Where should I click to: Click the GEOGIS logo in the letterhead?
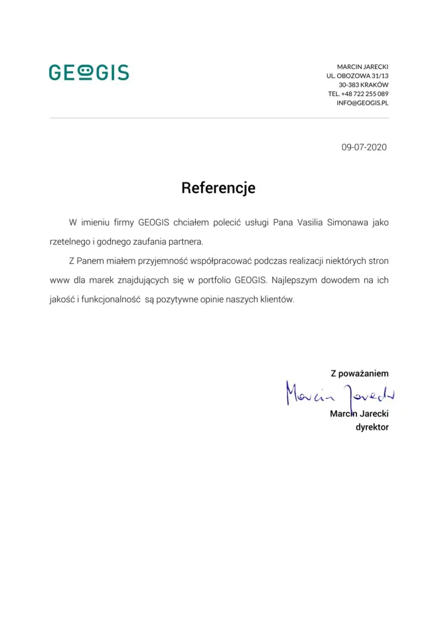(89, 72)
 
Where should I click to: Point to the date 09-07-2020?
(364, 147)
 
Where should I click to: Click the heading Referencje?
(218, 188)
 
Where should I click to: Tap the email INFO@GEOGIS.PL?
(362, 103)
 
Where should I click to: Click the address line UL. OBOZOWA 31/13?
(358, 76)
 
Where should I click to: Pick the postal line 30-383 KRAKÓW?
(364, 85)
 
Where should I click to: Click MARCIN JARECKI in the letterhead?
(362, 67)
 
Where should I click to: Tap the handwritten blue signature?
(340, 395)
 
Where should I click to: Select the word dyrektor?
(372, 427)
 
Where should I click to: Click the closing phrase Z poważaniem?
(360, 373)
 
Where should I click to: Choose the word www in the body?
(60, 280)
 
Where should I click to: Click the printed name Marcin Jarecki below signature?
(359, 414)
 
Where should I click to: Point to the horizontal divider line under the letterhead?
(219, 118)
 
